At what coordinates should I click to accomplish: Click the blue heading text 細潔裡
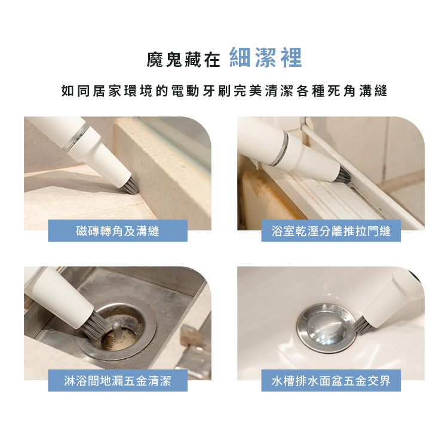click(265, 58)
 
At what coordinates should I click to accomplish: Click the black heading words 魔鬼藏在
click(183, 60)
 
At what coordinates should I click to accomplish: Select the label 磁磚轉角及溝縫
click(118, 231)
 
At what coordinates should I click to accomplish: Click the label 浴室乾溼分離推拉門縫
click(331, 231)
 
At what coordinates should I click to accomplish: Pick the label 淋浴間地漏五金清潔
click(118, 381)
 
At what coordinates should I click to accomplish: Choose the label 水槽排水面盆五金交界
click(331, 381)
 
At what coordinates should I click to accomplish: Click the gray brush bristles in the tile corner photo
click(131, 186)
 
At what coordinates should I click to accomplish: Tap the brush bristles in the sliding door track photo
click(344, 175)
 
